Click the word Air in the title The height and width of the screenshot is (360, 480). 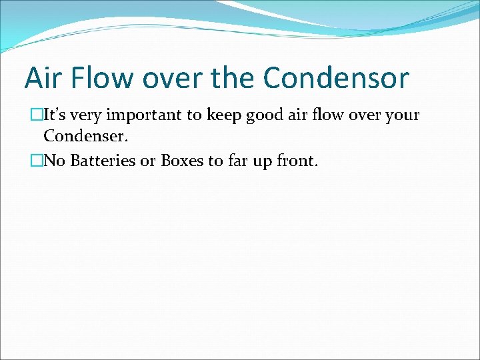(x=41, y=78)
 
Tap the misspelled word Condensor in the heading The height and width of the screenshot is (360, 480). (x=336, y=78)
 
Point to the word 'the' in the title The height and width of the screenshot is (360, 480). (x=234, y=78)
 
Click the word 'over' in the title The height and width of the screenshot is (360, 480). (x=175, y=78)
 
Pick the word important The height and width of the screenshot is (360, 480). (x=143, y=115)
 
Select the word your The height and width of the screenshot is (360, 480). (x=402, y=115)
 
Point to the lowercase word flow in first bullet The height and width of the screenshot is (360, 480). (x=326, y=115)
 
